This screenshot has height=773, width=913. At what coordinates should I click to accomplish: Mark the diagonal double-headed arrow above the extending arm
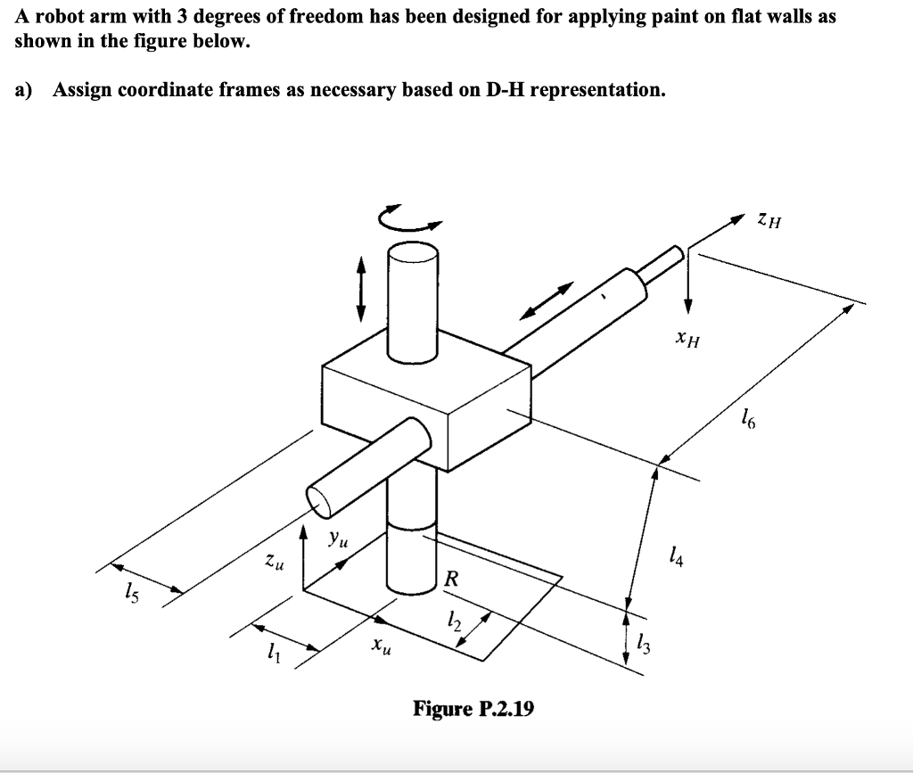click(547, 300)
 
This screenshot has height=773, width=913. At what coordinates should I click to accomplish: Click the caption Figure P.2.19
click(473, 709)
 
